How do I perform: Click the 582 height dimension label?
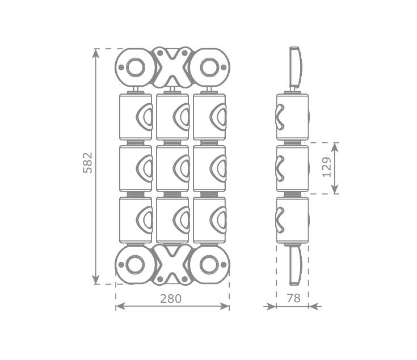point(88,163)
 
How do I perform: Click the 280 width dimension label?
point(171,299)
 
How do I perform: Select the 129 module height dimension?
point(327,167)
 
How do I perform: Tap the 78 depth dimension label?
point(294,298)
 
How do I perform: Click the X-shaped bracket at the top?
point(172,67)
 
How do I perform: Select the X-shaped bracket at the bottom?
point(172,265)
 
